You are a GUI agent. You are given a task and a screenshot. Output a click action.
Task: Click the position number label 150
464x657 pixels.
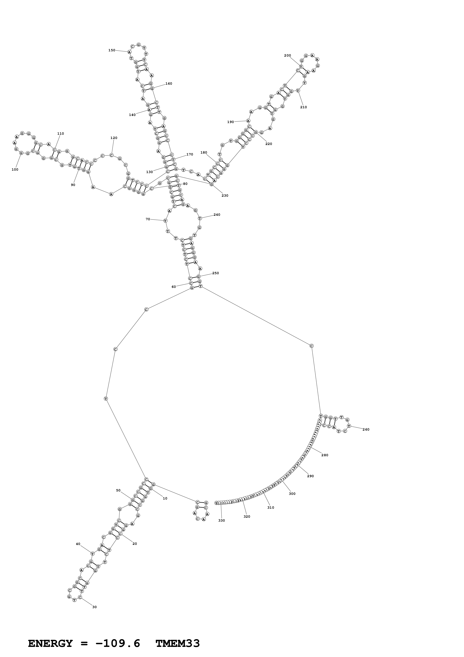112,50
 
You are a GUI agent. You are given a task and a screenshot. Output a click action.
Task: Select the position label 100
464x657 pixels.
15,170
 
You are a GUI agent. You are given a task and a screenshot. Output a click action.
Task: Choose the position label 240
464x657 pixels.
217,215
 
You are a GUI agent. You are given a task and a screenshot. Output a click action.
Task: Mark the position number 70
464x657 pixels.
148,219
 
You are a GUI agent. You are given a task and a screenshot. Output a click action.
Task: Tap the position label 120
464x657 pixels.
114,138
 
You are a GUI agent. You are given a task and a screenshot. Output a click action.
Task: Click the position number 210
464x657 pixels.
303,107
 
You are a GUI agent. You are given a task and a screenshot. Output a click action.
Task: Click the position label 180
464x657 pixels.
204,152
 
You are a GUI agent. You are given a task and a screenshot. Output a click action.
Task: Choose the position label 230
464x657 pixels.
225,196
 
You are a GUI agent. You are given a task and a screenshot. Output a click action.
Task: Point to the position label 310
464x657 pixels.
270,508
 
